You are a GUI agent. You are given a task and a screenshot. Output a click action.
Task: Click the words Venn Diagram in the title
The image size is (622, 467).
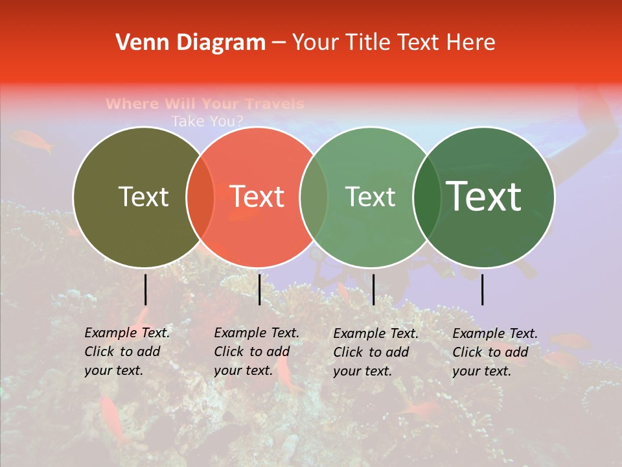click(x=190, y=43)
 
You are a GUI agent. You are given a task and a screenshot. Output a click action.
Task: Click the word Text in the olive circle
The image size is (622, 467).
click(x=143, y=197)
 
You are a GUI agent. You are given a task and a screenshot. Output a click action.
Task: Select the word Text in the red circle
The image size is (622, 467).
click(x=257, y=197)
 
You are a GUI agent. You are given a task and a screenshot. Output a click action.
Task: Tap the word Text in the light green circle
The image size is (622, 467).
click(x=370, y=197)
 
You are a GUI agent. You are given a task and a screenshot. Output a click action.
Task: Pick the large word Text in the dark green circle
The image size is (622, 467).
click(x=483, y=197)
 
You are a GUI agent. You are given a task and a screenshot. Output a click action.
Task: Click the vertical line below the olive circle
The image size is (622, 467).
click(x=146, y=289)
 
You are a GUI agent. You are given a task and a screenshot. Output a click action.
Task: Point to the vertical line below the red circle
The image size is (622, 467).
click(x=259, y=289)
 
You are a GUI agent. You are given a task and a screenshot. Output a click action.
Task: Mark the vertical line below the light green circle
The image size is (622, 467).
click(x=373, y=289)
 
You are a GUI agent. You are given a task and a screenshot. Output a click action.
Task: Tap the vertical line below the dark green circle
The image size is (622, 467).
click(x=483, y=289)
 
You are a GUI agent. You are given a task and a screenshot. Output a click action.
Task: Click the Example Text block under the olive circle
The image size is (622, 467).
click(x=127, y=352)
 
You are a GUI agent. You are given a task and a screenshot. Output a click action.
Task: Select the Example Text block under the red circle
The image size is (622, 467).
click(x=257, y=352)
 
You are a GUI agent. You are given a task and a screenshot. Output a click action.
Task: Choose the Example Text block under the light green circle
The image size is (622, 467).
click(x=376, y=352)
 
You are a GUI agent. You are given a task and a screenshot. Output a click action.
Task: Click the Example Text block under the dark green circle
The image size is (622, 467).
click(x=495, y=352)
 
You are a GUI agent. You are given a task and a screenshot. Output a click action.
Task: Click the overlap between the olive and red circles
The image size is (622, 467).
click(x=200, y=197)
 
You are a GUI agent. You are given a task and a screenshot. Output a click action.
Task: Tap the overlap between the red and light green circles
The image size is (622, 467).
click(x=314, y=197)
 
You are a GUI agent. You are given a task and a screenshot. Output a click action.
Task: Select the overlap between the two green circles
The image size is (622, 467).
click(x=427, y=197)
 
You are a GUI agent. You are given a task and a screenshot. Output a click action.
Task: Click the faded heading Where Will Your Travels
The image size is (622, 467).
click(x=205, y=104)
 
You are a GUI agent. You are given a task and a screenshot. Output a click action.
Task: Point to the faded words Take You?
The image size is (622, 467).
click(x=207, y=121)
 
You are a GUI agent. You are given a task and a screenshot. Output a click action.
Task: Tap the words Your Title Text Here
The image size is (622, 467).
click(x=393, y=43)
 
